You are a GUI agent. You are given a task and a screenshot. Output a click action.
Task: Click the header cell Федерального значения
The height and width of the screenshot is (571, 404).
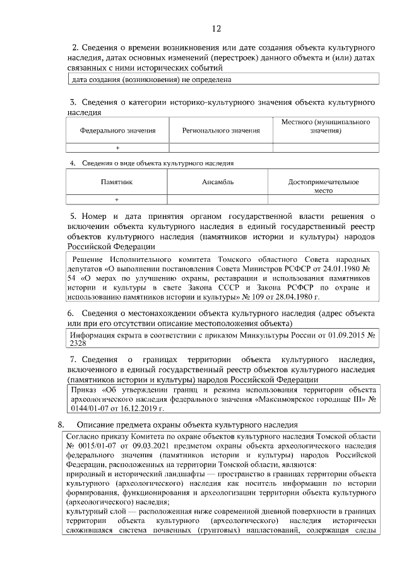[117, 131]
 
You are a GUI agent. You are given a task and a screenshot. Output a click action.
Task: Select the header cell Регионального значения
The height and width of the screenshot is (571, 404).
[221, 131]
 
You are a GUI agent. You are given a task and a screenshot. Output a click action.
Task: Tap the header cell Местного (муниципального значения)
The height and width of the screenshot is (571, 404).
[325, 126]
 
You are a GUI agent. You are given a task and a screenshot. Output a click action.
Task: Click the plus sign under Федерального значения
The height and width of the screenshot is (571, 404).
[117, 148]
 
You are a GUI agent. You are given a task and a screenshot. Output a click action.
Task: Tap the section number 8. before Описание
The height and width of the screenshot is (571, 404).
[62, 425]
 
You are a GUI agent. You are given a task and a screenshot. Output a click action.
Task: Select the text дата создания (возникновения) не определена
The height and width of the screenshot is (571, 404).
[151, 79]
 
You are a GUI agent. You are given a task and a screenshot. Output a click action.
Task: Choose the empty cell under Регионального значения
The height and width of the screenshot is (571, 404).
[221, 148]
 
